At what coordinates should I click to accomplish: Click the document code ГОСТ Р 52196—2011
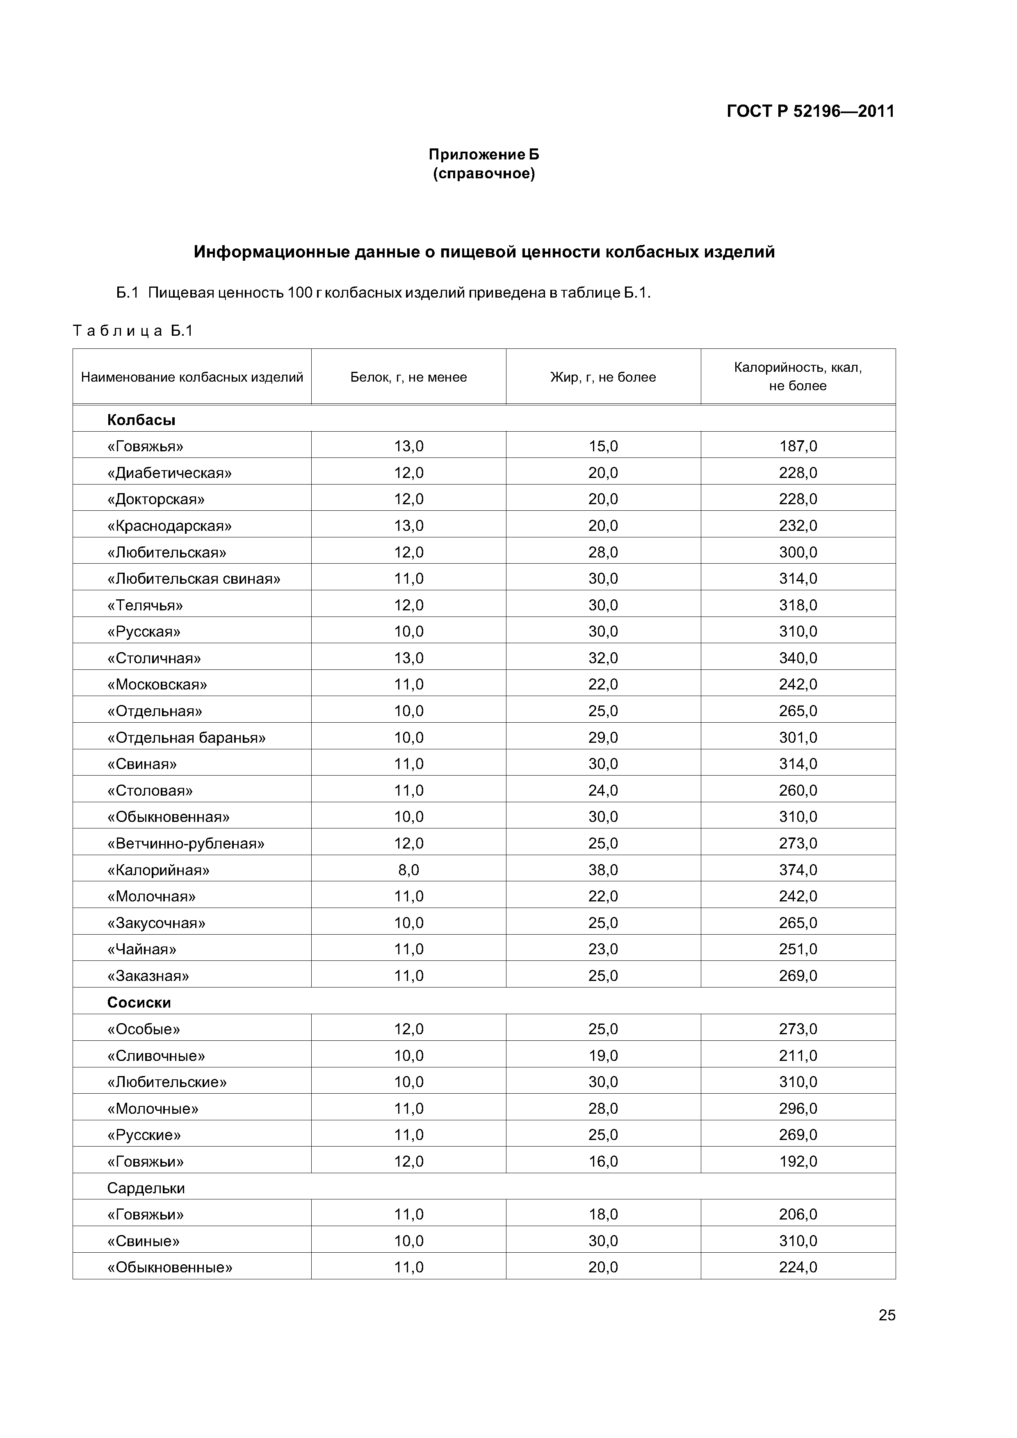pyautogui.click(x=810, y=111)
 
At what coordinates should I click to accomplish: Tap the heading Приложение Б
pyautogui.click(x=484, y=154)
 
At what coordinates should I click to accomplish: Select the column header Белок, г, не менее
pyautogui.click(x=408, y=377)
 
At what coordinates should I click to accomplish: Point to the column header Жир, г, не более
pyautogui.click(x=603, y=377)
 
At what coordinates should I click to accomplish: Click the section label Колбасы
pyautogui.click(x=141, y=420)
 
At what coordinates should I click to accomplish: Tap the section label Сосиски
pyautogui.click(x=139, y=1003)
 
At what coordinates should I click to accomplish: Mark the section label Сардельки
pyautogui.click(x=146, y=1188)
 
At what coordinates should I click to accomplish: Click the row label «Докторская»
pyautogui.click(x=156, y=499)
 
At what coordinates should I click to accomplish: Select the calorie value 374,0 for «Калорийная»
pyautogui.click(x=798, y=870)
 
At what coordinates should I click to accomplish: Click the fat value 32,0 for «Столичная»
pyautogui.click(x=603, y=658)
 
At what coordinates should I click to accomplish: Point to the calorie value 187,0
pyautogui.click(x=798, y=446)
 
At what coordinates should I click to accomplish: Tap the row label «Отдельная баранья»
pyautogui.click(x=187, y=738)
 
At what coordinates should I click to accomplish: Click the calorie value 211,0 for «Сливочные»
pyautogui.click(x=798, y=1056)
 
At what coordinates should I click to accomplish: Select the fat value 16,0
pyautogui.click(x=603, y=1162)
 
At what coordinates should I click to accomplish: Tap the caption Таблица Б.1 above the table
pyautogui.click(x=133, y=331)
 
